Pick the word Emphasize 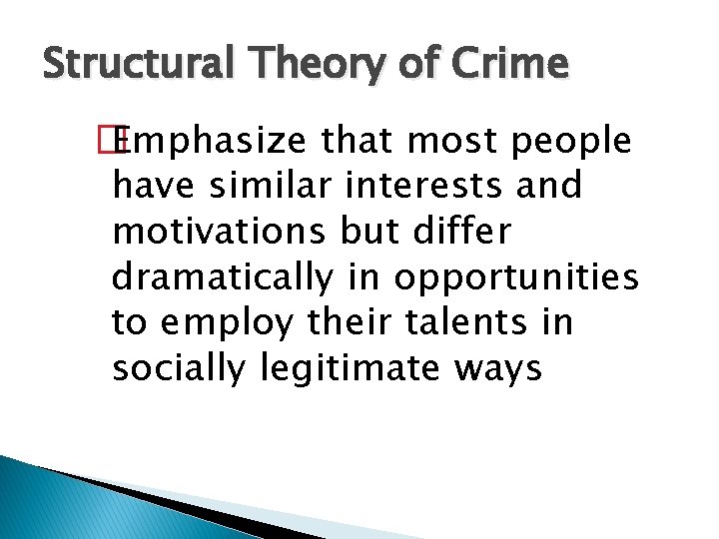(215, 142)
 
